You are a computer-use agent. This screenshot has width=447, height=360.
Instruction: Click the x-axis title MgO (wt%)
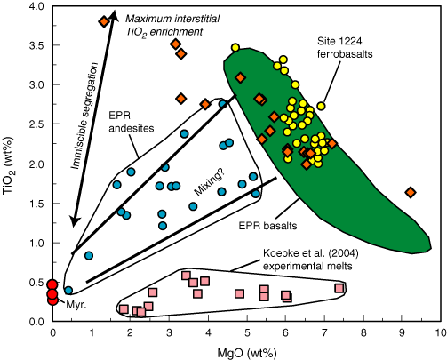(247, 353)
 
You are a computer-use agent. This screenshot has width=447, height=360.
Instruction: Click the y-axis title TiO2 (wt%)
(8, 165)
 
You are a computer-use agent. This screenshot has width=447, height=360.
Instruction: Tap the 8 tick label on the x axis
(363, 332)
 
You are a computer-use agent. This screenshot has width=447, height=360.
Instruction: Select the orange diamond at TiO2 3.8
(104, 21)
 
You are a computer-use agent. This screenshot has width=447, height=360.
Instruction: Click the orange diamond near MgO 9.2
(411, 192)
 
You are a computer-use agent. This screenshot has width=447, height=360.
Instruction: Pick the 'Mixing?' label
(211, 183)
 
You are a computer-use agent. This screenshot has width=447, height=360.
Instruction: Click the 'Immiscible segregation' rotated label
(84, 116)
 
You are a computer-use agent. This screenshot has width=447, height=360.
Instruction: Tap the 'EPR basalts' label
(267, 226)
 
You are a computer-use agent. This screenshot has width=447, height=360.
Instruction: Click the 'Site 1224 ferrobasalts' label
(345, 47)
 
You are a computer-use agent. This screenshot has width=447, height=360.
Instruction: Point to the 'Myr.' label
(76, 305)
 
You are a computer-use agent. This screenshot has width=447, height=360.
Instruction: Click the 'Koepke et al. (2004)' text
(311, 253)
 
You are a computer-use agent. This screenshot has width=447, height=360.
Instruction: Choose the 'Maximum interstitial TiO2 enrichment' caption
(172, 25)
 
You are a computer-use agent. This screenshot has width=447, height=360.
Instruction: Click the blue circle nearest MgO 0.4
(68, 291)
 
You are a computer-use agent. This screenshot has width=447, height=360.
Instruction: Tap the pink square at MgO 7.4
(339, 288)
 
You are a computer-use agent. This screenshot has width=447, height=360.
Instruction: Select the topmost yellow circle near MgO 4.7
(235, 47)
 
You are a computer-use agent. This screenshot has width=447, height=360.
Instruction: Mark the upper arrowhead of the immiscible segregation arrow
(114, 14)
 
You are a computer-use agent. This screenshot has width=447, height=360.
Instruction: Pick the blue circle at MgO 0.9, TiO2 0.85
(89, 255)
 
